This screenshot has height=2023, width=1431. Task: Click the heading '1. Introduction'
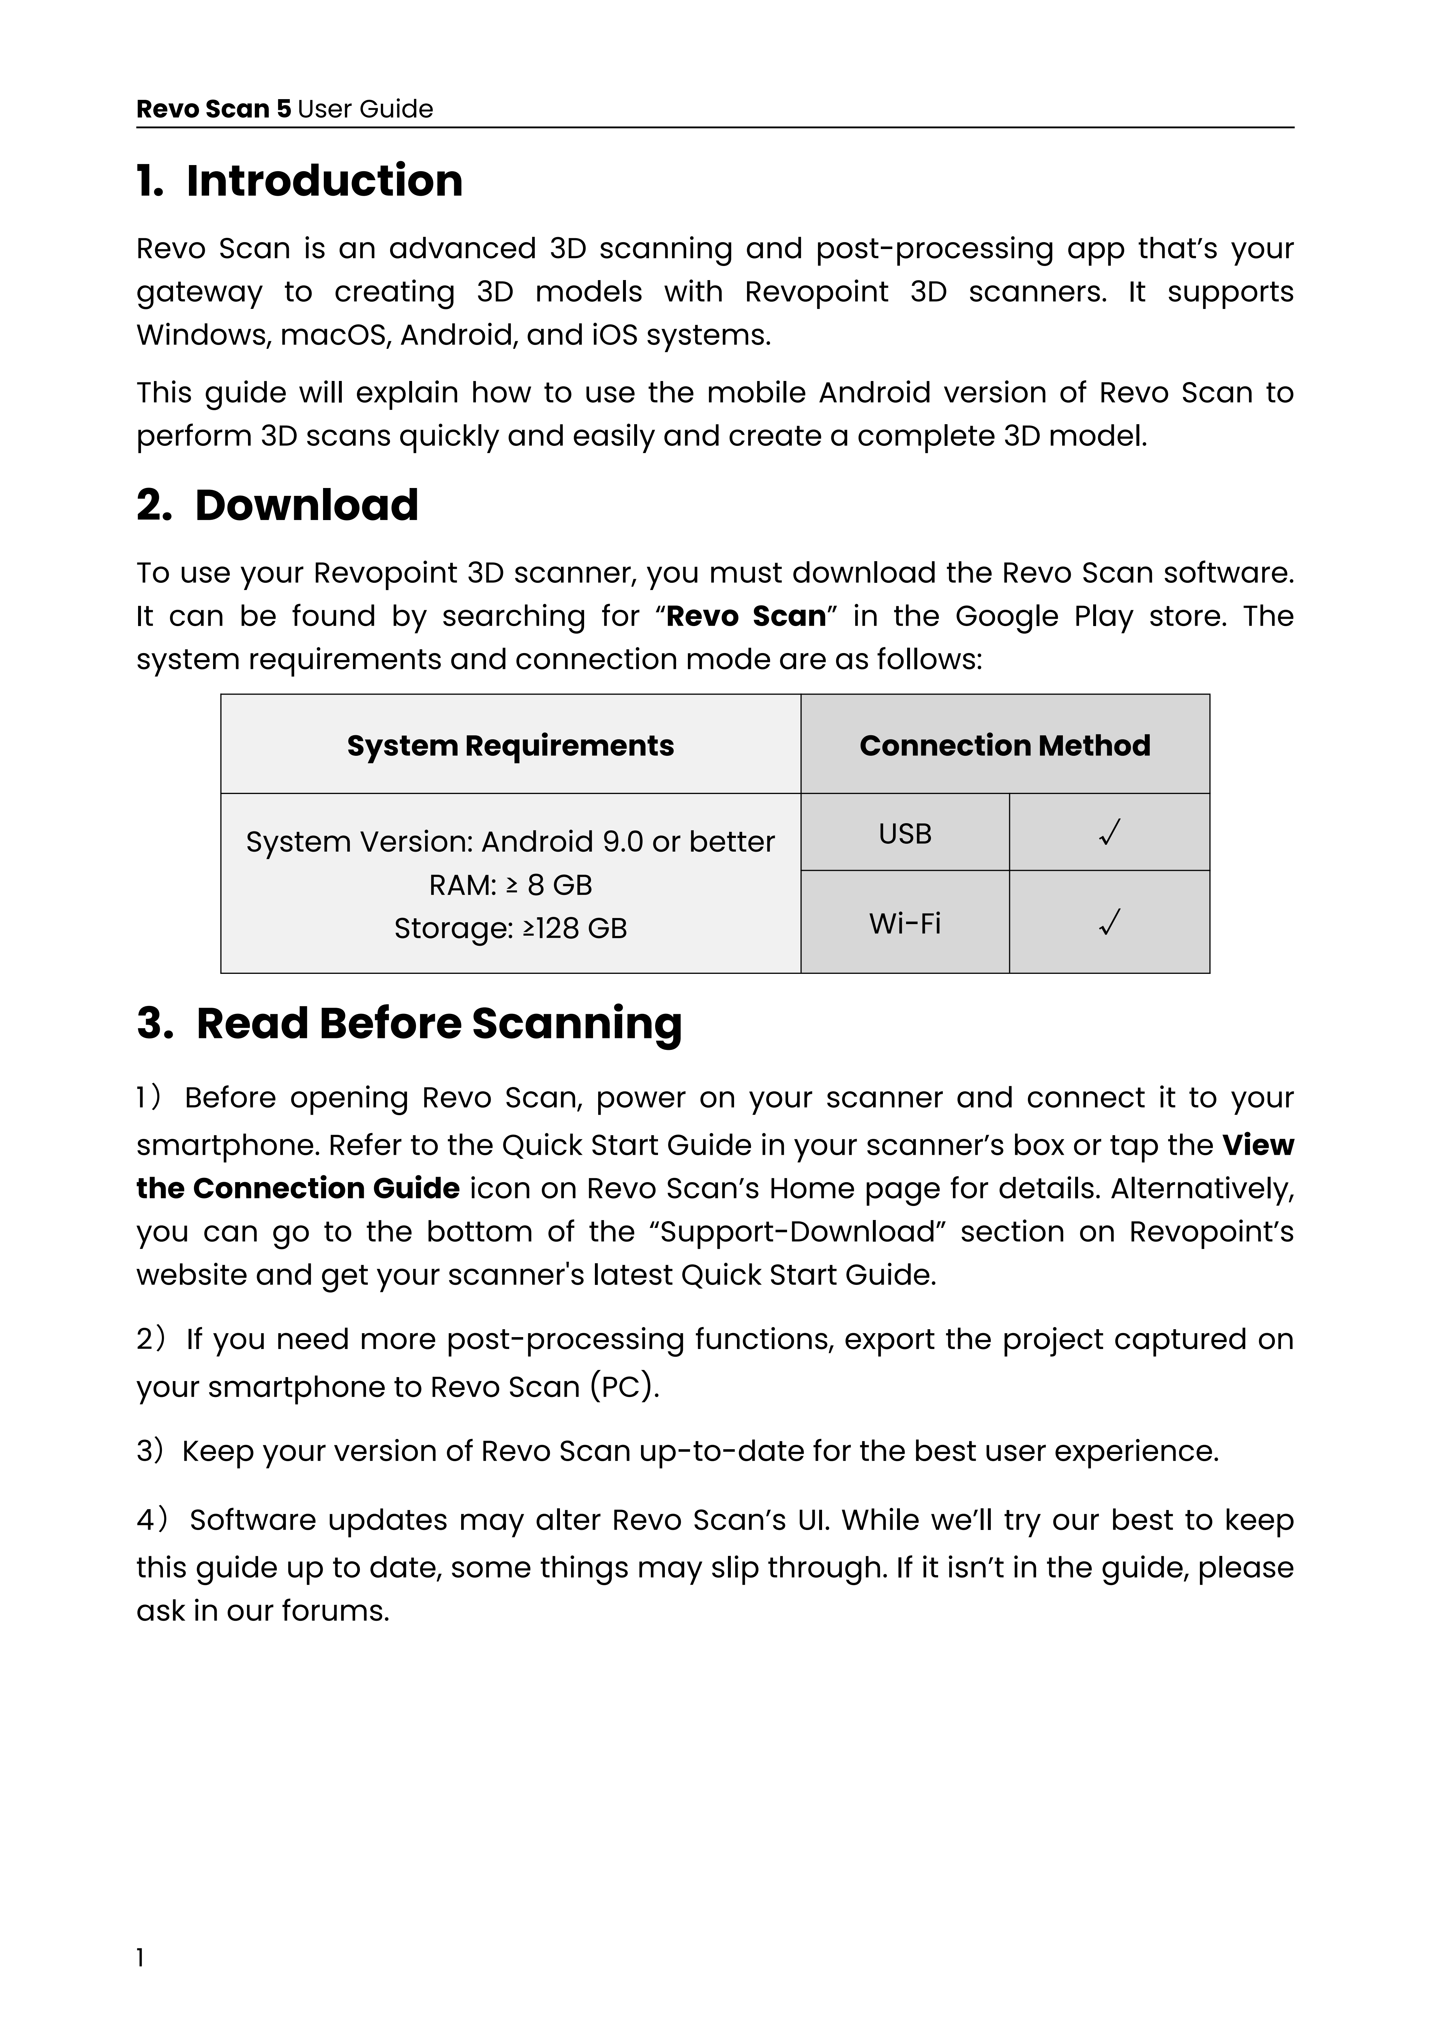coord(300,182)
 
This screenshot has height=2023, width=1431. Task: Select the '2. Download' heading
coord(278,506)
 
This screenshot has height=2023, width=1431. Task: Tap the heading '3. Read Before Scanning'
coord(410,1024)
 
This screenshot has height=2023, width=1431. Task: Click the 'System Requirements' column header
coord(510,745)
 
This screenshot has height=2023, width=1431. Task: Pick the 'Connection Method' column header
coord(1004,745)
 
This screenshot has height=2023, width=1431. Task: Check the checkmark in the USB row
coord(1109,833)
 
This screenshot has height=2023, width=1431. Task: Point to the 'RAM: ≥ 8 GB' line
coord(510,884)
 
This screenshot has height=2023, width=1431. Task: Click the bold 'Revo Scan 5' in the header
coord(213,109)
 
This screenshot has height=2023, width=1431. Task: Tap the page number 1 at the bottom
coord(140,1983)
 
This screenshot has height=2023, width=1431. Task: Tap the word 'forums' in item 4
coord(334,1611)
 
